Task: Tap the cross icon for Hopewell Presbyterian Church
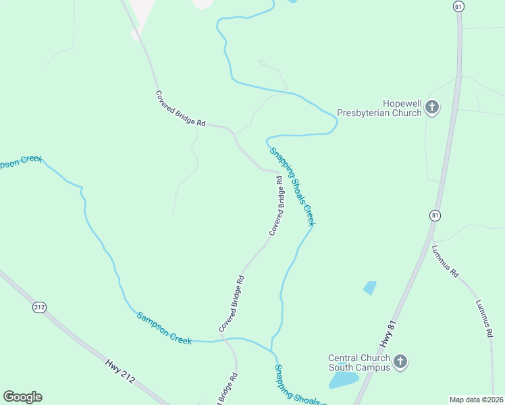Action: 432,107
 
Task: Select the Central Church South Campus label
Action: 358,362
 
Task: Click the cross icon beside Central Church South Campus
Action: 400,362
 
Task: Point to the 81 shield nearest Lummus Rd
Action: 435,215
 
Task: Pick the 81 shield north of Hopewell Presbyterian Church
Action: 459,6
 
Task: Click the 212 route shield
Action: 39,307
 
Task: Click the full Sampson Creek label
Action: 164,328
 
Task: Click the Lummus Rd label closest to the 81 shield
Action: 446,261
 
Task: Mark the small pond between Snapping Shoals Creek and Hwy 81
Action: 369,288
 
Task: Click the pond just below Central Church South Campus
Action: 343,380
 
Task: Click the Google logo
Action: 22,397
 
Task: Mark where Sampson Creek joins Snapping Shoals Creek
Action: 271,351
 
